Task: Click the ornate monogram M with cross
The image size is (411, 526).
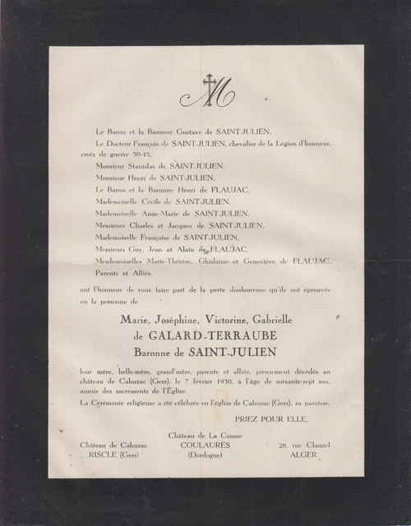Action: pos(206,91)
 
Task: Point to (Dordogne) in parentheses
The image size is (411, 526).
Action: pos(206,454)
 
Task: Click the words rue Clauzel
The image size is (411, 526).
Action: pos(306,445)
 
